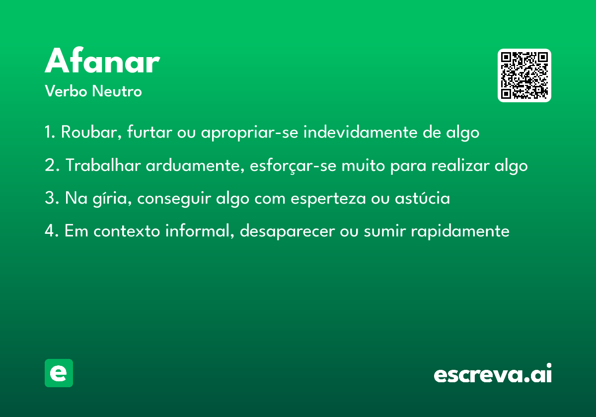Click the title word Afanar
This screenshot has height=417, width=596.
(x=102, y=60)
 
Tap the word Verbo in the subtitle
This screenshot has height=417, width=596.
(x=66, y=91)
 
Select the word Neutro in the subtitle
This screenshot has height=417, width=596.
(x=117, y=91)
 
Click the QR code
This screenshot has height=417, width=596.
(x=524, y=75)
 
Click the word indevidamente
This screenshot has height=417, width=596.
(x=361, y=132)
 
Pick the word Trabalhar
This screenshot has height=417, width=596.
(x=103, y=165)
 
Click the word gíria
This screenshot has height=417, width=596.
(x=112, y=199)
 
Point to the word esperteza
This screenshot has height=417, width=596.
(x=328, y=199)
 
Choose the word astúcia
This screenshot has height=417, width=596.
(x=422, y=198)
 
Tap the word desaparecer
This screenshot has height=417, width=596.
(x=288, y=231)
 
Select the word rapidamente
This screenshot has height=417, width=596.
(x=460, y=231)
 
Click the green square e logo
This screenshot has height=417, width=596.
(x=59, y=373)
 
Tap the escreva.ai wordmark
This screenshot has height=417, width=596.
(x=493, y=373)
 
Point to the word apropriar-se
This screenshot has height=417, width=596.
(x=249, y=133)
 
